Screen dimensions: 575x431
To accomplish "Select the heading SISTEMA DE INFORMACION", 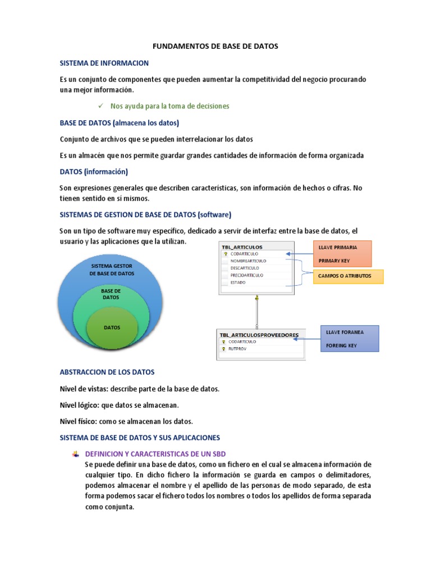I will click(104, 63).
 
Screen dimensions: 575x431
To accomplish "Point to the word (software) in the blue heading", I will click(215, 215).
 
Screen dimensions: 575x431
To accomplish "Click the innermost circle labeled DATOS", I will click(112, 327).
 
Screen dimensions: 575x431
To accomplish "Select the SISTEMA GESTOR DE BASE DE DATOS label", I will click(112, 269).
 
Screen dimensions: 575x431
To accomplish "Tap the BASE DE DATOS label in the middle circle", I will click(111, 294).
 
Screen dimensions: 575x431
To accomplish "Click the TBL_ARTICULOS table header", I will click(242, 247).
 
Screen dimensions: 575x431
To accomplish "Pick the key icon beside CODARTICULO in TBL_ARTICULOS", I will click(224, 254).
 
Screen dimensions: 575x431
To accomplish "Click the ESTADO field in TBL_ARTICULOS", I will click(239, 283).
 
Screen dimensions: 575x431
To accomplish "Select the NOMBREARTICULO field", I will click(249, 261).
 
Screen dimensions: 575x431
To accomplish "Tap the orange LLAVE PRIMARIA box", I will click(343, 254).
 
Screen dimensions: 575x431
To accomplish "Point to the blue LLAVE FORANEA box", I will click(349, 339).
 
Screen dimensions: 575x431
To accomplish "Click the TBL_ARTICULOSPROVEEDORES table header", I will click(259, 335).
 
